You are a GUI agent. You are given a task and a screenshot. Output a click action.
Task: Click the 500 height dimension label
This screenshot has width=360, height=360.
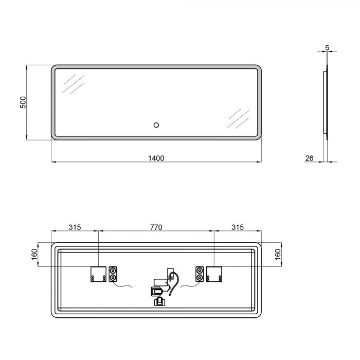(x=23, y=102)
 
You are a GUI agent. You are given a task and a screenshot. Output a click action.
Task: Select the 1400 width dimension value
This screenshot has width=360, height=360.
(x=156, y=158)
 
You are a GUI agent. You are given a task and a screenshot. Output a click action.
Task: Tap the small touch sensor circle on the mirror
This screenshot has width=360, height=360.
(x=156, y=124)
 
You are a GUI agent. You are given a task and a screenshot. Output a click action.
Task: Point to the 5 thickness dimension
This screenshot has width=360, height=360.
(x=327, y=48)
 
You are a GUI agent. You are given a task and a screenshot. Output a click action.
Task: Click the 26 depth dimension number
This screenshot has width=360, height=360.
(x=310, y=158)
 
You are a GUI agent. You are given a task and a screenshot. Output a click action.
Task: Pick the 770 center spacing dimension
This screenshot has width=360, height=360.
(x=156, y=227)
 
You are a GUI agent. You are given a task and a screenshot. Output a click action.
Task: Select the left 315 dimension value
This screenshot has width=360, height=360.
(x=75, y=227)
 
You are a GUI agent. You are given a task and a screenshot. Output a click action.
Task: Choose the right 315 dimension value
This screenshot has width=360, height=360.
(x=237, y=227)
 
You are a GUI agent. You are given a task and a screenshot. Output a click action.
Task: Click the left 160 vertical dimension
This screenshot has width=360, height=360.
(x=34, y=255)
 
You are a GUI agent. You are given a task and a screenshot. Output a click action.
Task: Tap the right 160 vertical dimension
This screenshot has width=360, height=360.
(x=278, y=255)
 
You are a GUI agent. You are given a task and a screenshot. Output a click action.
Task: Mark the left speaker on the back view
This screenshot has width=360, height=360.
(x=113, y=274)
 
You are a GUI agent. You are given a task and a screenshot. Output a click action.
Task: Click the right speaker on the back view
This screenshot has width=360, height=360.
(x=199, y=274)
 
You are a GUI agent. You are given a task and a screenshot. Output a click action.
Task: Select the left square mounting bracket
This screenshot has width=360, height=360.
(x=97, y=274)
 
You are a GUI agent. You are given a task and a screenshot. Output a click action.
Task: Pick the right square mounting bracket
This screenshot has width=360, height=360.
(x=214, y=274)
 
